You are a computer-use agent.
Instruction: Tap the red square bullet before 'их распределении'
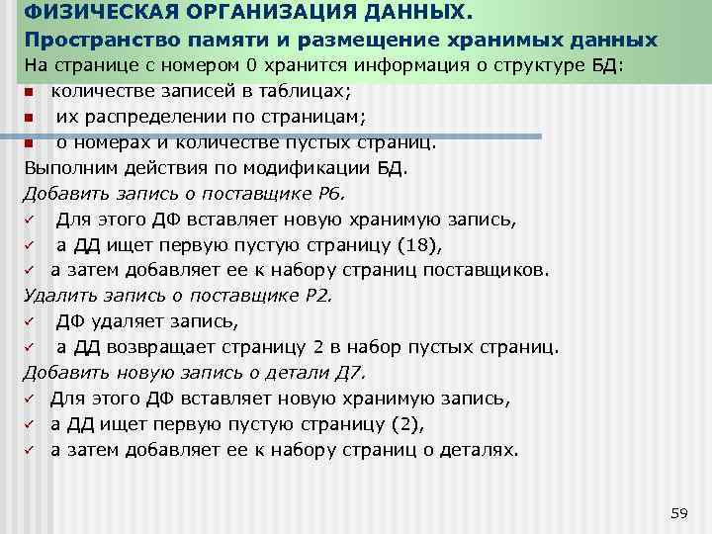click(x=30, y=118)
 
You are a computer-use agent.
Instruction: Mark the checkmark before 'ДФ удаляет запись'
click(x=30, y=321)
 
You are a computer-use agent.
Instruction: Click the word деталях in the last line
click(x=482, y=450)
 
